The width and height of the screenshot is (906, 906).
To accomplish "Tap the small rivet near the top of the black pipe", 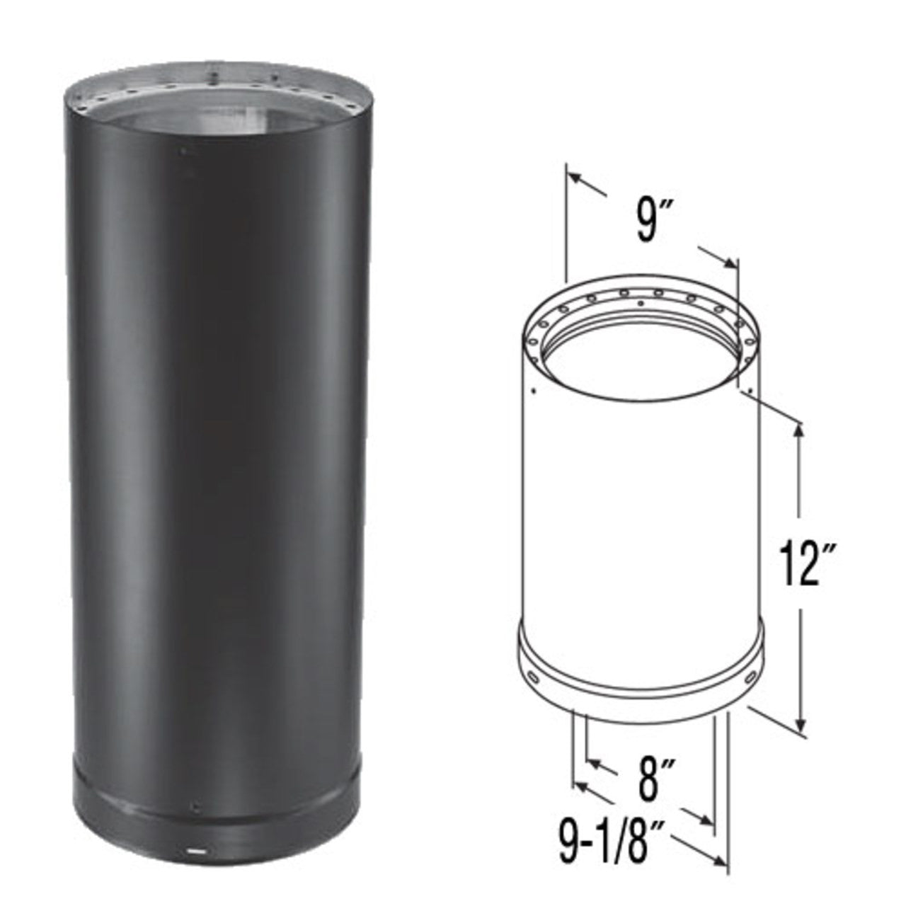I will coord(183,151).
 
